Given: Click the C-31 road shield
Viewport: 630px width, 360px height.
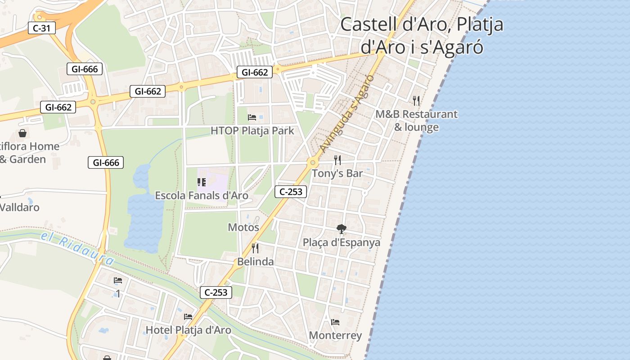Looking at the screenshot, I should click(x=42, y=28).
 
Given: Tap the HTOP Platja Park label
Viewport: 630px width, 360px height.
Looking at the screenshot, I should click(x=252, y=131).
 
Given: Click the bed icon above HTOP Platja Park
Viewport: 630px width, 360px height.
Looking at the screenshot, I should click(x=252, y=117).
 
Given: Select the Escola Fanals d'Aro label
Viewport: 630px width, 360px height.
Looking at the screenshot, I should click(x=201, y=195).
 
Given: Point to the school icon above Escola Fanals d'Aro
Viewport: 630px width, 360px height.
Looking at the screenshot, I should click(x=201, y=182).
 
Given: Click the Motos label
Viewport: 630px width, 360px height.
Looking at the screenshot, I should click(x=243, y=227).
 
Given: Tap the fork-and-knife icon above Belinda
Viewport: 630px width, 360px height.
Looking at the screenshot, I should click(x=255, y=248).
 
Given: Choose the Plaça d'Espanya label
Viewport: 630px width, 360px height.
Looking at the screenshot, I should click(x=341, y=243).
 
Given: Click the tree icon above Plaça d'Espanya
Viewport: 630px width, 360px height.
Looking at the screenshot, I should click(x=342, y=229).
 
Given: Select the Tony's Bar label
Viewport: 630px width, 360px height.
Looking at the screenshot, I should click(x=337, y=173).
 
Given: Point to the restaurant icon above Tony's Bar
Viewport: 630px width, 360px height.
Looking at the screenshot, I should click(x=337, y=160).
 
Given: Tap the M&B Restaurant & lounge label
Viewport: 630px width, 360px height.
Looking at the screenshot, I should click(x=416, y=121).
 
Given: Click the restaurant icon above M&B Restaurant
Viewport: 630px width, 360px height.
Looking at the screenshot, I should click(x=416, y=100).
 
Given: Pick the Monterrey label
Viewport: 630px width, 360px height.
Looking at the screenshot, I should click(x=335, y=336).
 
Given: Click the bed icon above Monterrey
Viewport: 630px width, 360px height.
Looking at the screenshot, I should click(x=335, y=322).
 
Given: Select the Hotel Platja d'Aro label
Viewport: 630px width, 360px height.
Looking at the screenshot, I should click(x=188, y=330).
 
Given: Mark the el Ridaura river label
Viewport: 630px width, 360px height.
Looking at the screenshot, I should click(x=77, y=248).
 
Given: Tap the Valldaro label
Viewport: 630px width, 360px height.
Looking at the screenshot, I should click(x=20, y=207).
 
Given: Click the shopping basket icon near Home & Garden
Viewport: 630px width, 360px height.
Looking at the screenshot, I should click(x=22, y=133).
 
